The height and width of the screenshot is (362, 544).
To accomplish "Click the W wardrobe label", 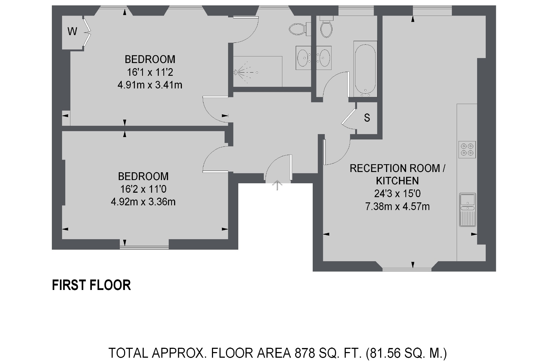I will tap(72, 31).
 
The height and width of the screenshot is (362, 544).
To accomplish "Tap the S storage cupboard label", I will tap(367, 118).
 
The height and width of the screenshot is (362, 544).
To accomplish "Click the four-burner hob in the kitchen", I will tap(467, 150).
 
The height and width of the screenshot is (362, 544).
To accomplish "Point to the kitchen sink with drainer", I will tap(467, 210).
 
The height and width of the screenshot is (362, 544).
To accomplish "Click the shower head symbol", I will tap(236, 72).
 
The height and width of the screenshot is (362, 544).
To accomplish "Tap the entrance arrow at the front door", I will tap(277, 185).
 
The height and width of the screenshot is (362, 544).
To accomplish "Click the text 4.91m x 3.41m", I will tap(150, 85).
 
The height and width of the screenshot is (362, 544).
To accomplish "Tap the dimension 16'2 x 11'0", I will tap(143, 189).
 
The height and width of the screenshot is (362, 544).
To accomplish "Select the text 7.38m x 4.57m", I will tap(397, 206).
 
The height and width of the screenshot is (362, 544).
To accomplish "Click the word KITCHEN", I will tap(397, 181).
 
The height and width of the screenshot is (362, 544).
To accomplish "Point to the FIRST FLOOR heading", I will tap(91, 285).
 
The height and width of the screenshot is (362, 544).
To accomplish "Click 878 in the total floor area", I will tap(305, 353).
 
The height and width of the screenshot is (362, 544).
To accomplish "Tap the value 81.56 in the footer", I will tap(386, 353).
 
